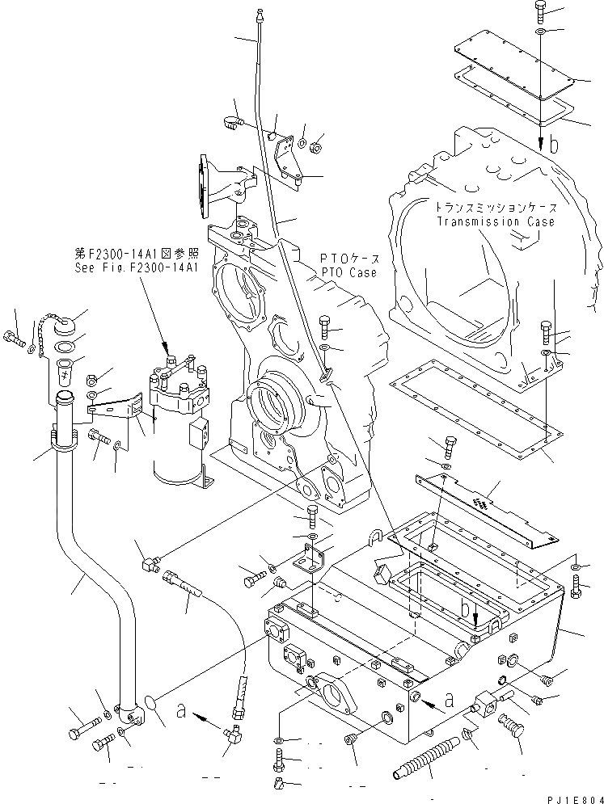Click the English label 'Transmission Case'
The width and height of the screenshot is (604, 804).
pos(496,221)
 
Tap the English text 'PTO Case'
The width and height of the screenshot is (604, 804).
pos(349,272)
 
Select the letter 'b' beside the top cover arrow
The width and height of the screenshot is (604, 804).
pos(554,146)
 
